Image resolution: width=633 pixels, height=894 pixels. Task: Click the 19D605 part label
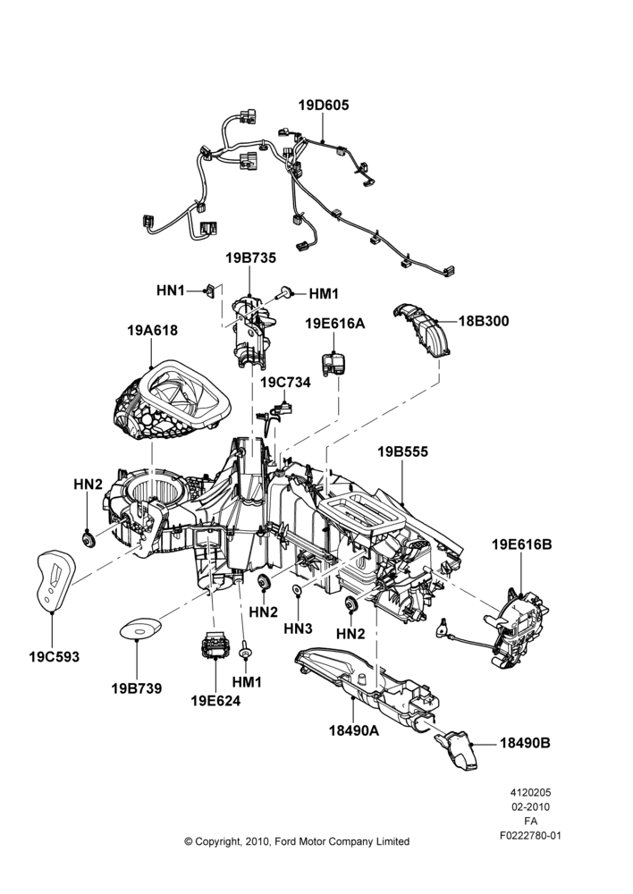[x=324, y=105]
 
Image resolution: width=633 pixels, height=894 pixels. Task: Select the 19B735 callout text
[x=250, y=258]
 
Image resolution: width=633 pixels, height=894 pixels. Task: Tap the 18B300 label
[x=484, y=321]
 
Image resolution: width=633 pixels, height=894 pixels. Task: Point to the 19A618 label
[x=152, y=330]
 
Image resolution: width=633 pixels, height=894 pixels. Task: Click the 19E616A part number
[x=334, y=324]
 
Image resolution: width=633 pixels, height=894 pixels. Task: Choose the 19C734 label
[x=286, y=383]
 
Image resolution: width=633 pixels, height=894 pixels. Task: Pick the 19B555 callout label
[x=402, y=452]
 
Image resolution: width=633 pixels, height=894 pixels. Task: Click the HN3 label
[x=299, y=628]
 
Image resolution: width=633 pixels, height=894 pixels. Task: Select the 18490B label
[x=525, y=744]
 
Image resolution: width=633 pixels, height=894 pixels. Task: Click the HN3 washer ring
[x=298, y=589]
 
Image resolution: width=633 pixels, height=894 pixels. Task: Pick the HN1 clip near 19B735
[x=211, y=291]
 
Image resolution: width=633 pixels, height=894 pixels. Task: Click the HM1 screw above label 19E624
[x=245, y=651]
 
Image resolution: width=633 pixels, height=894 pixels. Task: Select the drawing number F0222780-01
[x=531, y=836]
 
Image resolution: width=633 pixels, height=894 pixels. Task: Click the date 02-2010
[x=531, y=806]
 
